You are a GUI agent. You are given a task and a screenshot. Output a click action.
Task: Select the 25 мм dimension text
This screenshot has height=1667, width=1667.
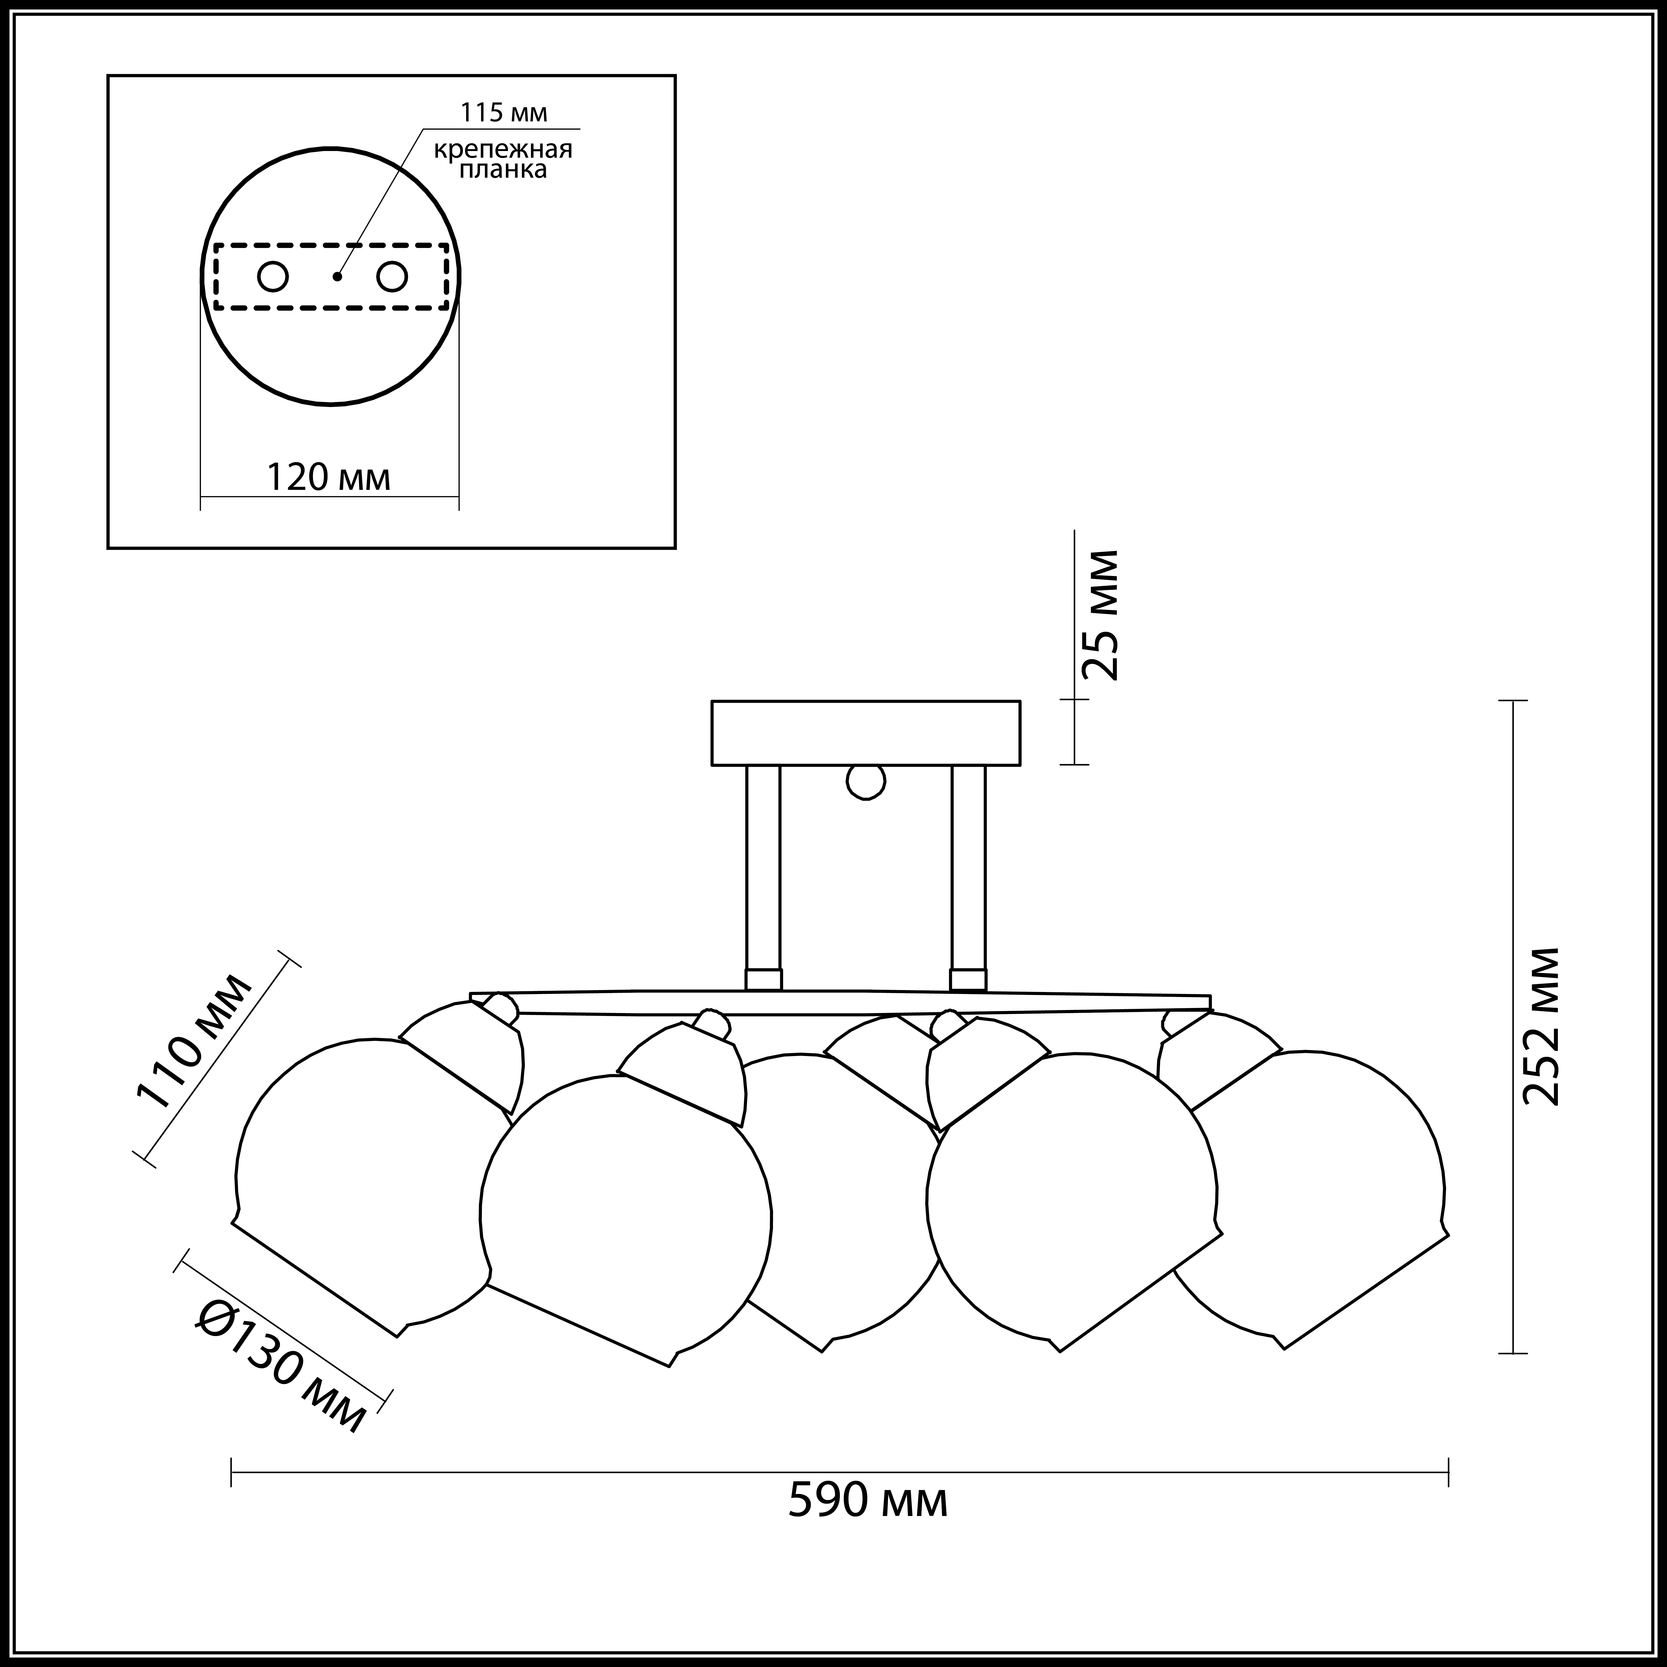click(x=1101, y=615)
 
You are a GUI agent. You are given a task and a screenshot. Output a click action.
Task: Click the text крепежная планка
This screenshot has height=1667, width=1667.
click(x=503, y=159)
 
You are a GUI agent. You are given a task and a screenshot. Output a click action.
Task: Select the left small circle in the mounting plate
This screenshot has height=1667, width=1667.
click(x=273, y=277)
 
